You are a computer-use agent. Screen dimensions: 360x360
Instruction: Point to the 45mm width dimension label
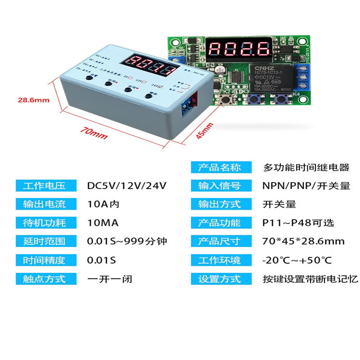click(x=203, y=131)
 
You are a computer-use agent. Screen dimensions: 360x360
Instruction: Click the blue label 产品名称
click(x=220, y=167)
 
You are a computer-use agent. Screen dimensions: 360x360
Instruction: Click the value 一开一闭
click(x=109, y=279)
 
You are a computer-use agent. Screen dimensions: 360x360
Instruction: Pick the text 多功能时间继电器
click(x=306, y=167)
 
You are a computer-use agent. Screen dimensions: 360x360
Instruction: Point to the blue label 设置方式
click(x=220, y=279)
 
